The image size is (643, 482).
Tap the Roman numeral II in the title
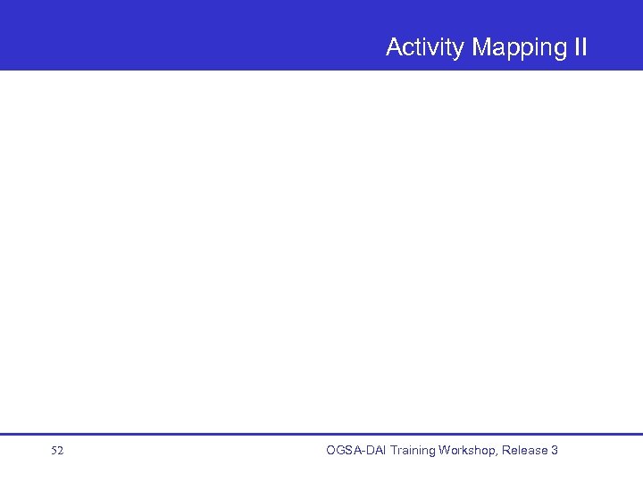580,47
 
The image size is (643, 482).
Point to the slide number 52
57,451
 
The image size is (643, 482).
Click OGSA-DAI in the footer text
356,451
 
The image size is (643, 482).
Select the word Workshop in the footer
469,451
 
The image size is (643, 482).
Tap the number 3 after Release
555,451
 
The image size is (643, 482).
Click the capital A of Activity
394,47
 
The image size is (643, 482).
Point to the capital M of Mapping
481,47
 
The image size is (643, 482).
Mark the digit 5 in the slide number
54,451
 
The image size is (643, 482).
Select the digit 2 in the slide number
60,451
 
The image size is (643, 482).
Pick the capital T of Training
394,451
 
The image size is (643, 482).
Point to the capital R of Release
506,451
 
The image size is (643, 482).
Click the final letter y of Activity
461,50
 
